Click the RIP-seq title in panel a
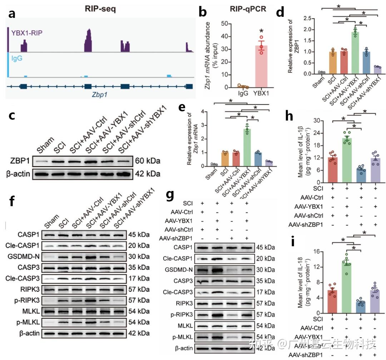(100, 9)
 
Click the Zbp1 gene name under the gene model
(100, 95)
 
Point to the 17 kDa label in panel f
(139, 277)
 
